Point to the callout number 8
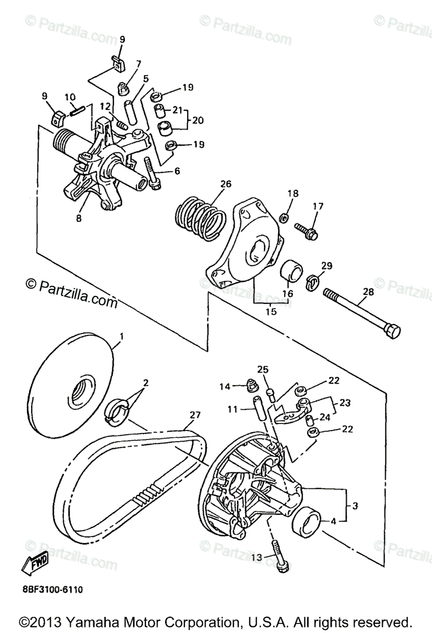click(x=78, y=217)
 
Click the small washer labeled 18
click(x=283, y=217)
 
